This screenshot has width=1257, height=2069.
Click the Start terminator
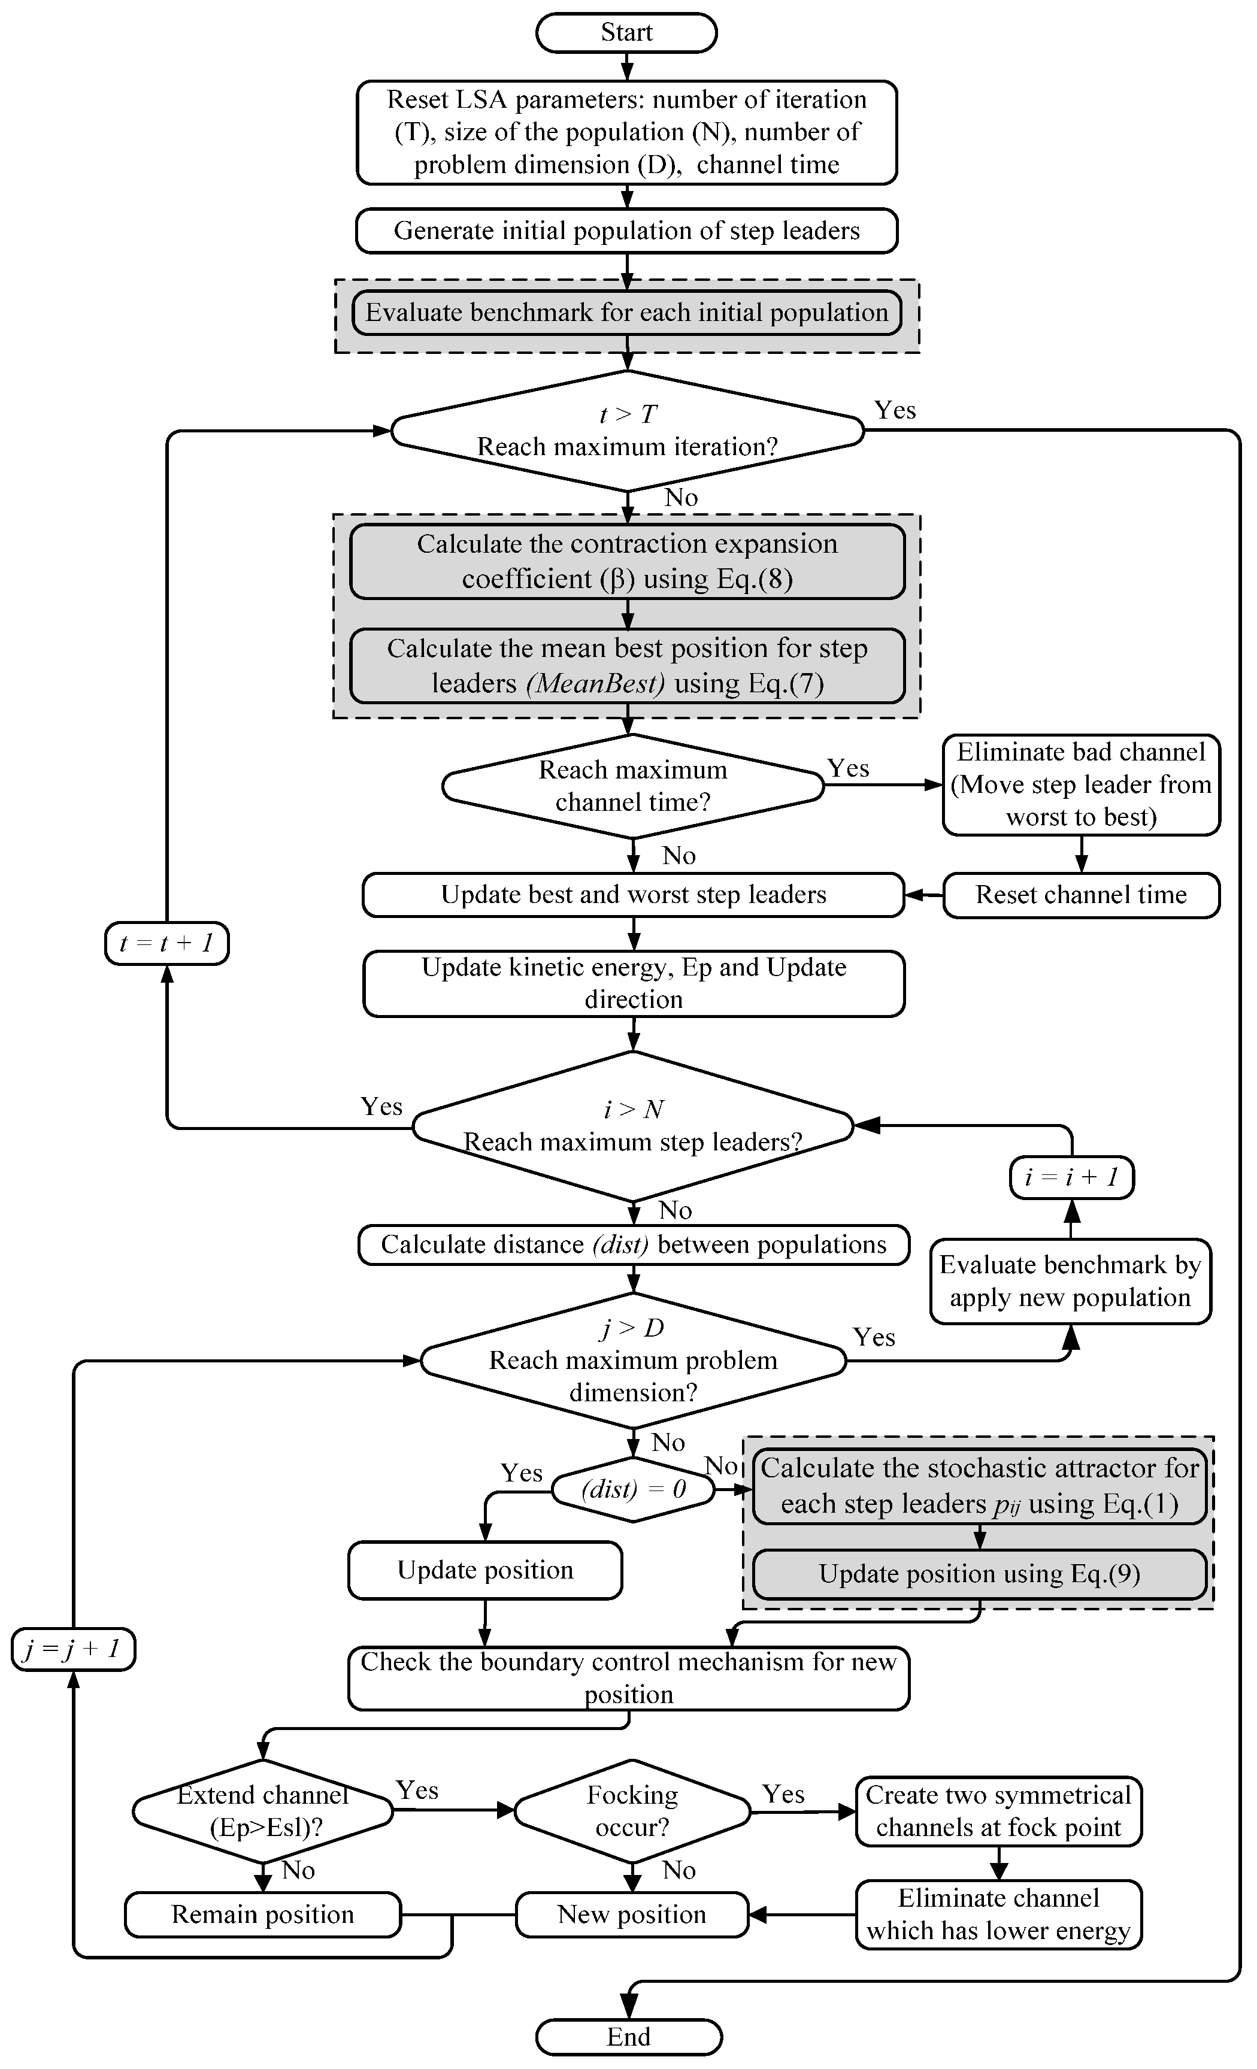pos(626,34)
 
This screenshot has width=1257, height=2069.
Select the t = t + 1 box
pos(166,943)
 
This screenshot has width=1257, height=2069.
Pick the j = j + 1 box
pos(73,1649)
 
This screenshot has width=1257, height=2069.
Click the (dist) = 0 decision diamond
pos(633,1489)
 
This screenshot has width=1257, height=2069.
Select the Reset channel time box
pos(1081,895)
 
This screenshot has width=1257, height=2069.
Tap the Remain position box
pos(263,1914)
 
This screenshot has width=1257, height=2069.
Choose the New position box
pos(631,1914)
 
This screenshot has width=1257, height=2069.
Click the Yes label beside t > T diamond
pos(894,411)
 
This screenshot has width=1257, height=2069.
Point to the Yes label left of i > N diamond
pos(381,1107)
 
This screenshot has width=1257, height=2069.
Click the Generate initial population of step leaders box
pos(626,231)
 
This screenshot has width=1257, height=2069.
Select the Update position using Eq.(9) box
pos(979,1574)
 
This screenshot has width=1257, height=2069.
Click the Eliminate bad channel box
pos(1081,784)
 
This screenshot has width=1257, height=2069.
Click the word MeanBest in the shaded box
pos(595,683)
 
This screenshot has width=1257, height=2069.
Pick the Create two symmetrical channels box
pos(998,1811)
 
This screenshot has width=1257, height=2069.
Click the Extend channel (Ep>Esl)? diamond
pos(263,1811)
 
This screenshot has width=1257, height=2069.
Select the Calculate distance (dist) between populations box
pos(633,1244)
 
